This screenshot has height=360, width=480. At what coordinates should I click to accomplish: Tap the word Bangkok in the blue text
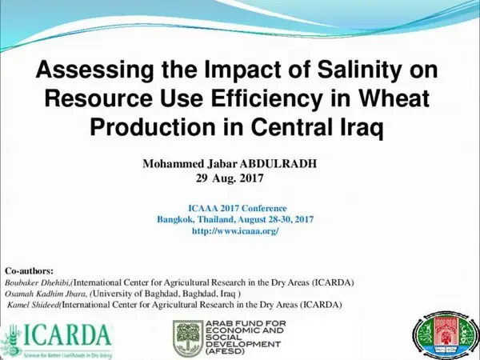coord(179,219)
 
